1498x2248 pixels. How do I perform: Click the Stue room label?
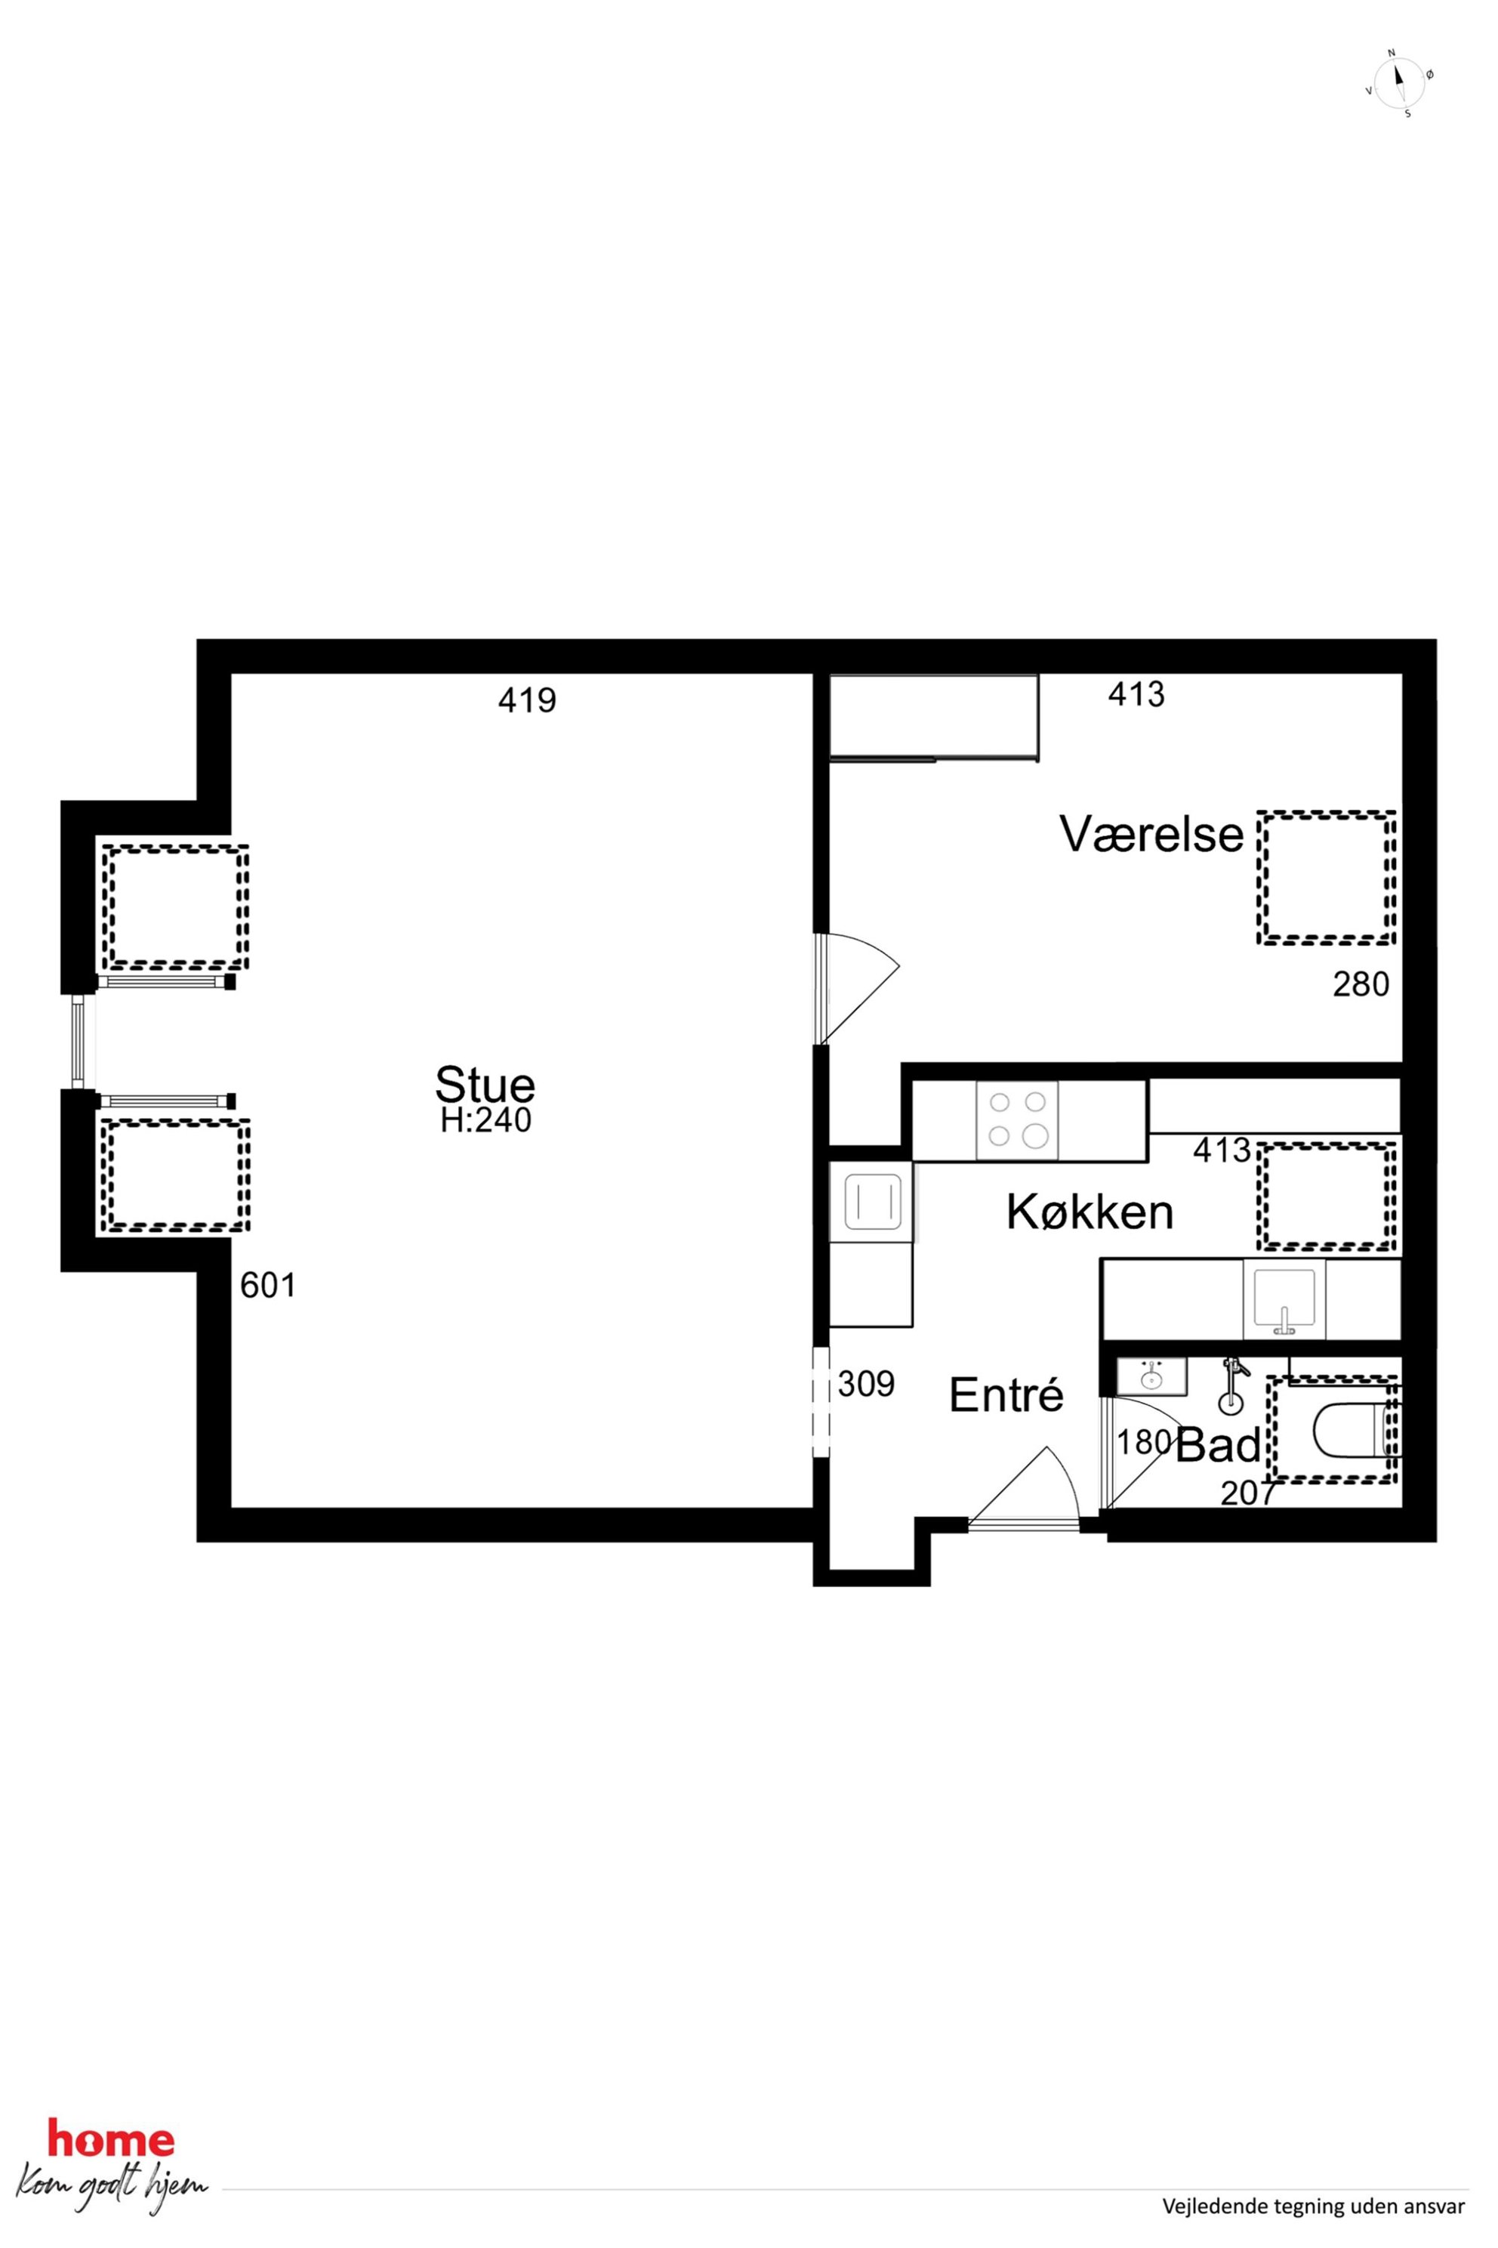pos(485,1085)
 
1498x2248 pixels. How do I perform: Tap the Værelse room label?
pos(1152,835)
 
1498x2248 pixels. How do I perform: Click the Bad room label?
pos(1219,1446)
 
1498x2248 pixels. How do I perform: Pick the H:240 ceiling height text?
pos(485,1120)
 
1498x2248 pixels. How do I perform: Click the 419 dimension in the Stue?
pos(527,702)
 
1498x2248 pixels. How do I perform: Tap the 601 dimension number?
pos(267,1286)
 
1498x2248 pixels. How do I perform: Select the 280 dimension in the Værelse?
pos(1361,984)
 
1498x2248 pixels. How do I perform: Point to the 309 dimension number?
pos(867,1384)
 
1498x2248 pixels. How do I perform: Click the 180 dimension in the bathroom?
pos(1145,1442)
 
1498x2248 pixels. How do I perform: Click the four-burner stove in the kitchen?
pos(1016,1120)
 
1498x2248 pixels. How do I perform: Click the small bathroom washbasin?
pos(1152,1377)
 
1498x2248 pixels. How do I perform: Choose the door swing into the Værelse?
pos(857,987)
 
